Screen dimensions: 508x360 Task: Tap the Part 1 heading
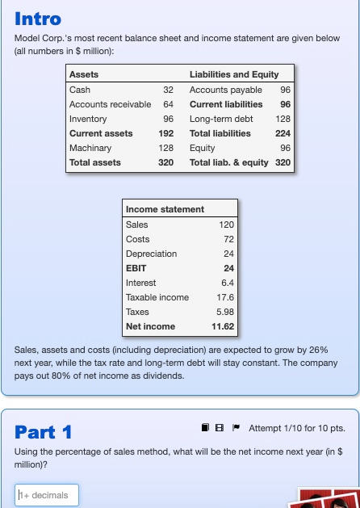[44, 431]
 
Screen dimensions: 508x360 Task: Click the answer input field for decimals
[47, 494]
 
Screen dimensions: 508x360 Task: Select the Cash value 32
[168, 90]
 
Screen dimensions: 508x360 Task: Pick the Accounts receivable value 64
[168, 104]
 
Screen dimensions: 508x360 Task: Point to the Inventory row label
[88, 119]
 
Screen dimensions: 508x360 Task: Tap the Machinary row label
[90, 148]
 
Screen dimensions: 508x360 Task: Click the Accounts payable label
[220, 90]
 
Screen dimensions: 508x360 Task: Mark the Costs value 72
[228, 239]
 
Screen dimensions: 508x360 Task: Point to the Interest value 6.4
[227, 283]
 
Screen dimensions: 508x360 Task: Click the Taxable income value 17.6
[225, 297]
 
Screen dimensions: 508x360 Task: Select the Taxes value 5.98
[225, 312]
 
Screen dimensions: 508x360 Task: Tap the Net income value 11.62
[223, 326]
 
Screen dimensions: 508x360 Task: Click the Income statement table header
[165, 209]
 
